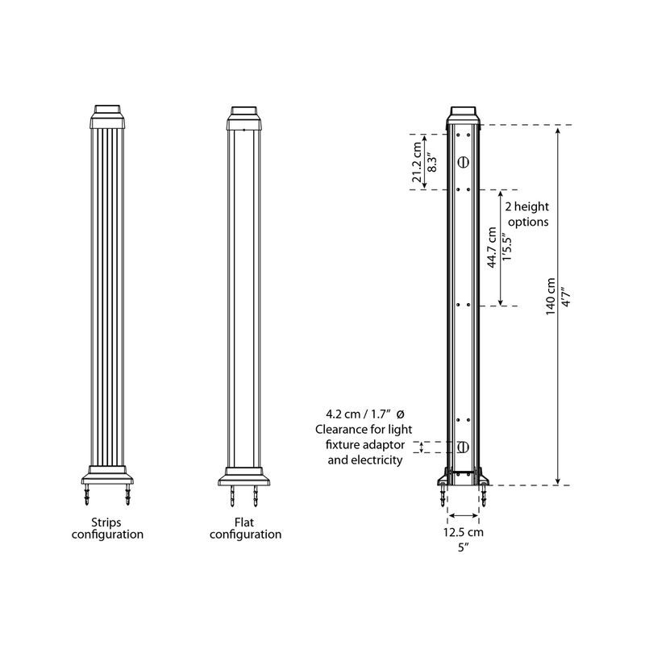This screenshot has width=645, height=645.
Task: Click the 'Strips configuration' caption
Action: click(107, 528)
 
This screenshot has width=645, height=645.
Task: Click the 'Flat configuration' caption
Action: click(246, 528)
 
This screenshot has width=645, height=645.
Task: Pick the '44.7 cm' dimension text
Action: click(492, 250)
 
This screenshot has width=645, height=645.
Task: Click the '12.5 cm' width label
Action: click(464, 532)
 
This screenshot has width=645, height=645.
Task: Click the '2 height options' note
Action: click(527, 214)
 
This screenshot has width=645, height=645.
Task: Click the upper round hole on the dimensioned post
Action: click(463, 161)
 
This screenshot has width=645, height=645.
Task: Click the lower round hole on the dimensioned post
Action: click(463, 447)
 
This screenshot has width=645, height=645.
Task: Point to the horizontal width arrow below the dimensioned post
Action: click(464, 516)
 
